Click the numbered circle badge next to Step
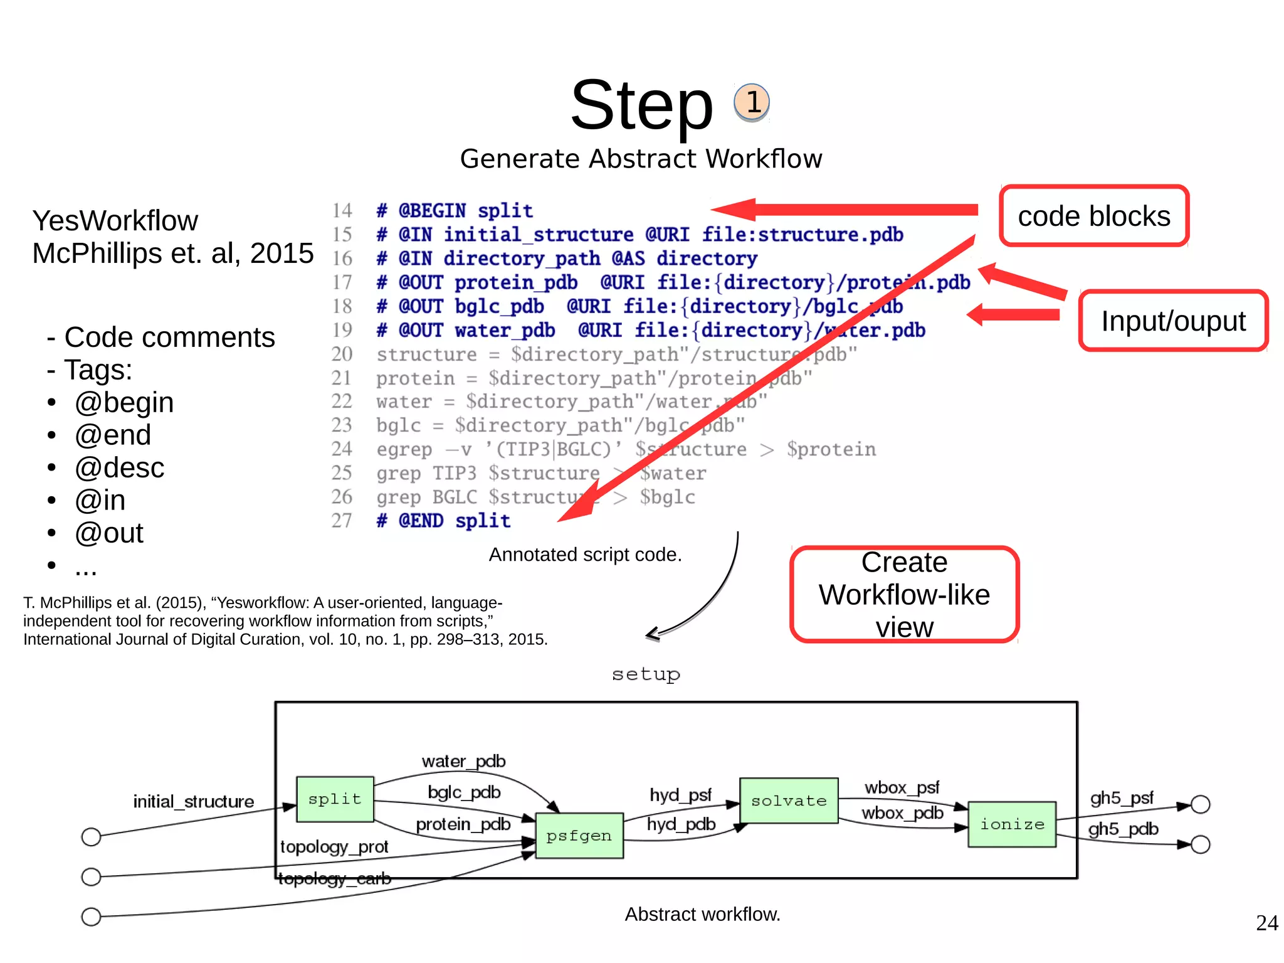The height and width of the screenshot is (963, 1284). tap(752, 102)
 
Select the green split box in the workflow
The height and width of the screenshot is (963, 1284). tap(335, 799)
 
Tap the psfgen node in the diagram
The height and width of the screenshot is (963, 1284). tap(579, 836)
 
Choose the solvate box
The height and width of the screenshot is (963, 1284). tap(789, 801)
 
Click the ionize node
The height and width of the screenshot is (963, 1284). tap(1012, 824)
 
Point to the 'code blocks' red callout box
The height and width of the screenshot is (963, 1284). tap(1094, 216)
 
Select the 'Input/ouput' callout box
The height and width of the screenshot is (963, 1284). tap(1173, 321)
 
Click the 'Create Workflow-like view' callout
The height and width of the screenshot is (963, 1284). tap(904, 594)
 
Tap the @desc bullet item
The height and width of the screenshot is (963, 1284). tap(119, 468)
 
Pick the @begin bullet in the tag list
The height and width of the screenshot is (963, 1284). tap(124, 403)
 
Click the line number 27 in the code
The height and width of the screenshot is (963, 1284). tap(342, 521)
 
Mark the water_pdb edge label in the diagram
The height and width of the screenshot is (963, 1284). tap(463, 762)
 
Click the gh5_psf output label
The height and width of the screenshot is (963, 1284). tap(1122, 798)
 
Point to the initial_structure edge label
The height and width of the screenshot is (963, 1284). tap(193, 802)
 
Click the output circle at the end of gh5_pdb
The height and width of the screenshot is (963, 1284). tap(1200, 844)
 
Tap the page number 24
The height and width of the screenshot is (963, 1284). tap(1266, 923)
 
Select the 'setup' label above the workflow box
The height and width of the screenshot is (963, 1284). tap(646, 674)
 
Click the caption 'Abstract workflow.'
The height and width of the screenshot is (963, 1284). tap(702, 914)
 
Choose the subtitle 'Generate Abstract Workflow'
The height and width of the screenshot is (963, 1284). tap(641, 159)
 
